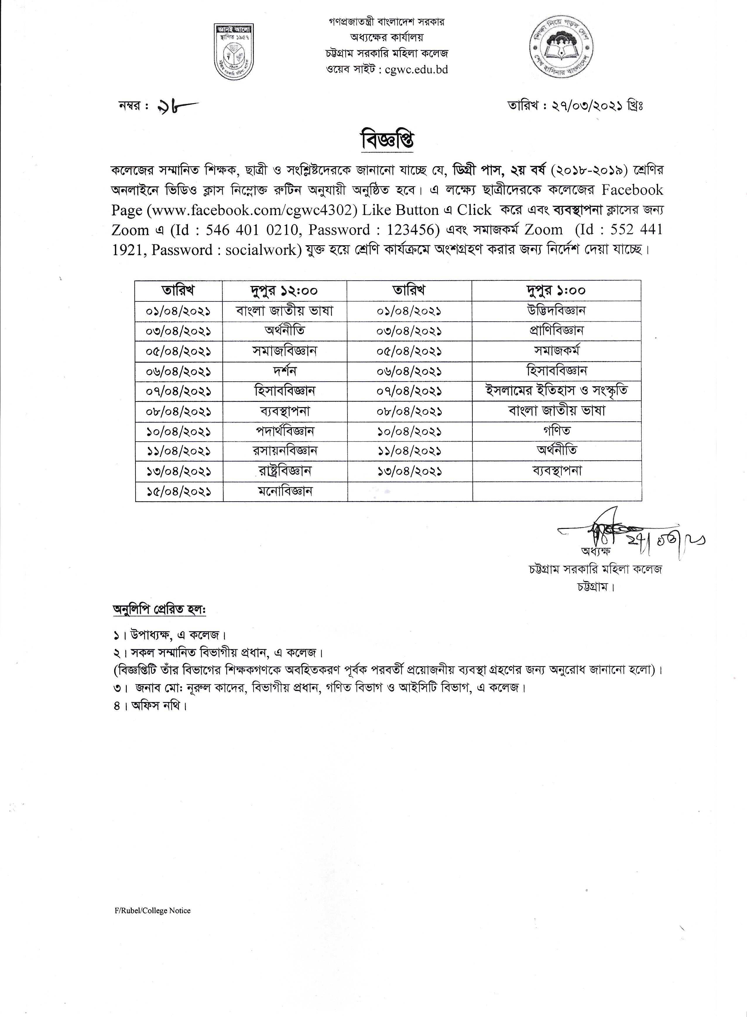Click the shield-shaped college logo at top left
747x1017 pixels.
(233, 52)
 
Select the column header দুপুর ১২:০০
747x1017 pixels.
(285, 290)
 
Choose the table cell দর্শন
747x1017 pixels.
(285, 371)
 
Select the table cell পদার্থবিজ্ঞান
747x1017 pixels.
(285, 431)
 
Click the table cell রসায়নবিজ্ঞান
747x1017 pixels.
(285, 451)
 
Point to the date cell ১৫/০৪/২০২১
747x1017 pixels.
(179, 491)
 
